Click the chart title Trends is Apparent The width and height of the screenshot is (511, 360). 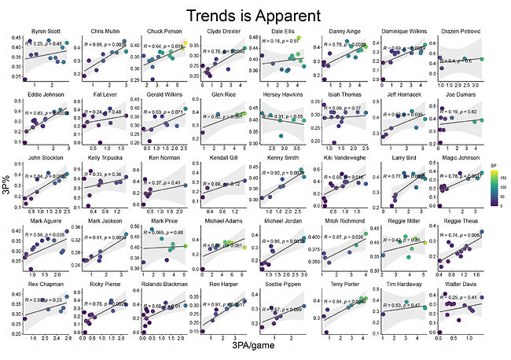coord(253,15)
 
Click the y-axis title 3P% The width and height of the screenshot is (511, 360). coord(11,189)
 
